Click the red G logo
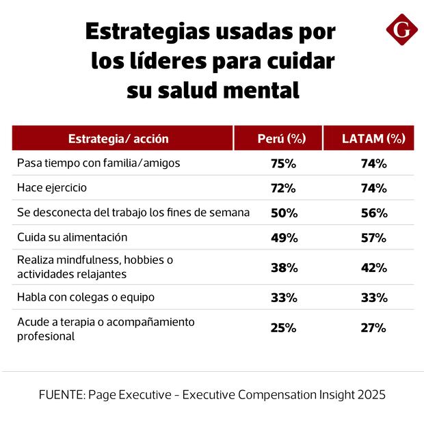click(x=401, y=31)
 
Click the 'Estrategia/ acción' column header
click(x=118, y=139)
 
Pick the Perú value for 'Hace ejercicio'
click(x=282, y=188)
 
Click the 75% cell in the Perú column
click(x=282, y=164)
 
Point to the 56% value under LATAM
click(x=374, y=213)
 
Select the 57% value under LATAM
click(x=374, y=237)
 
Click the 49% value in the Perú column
click(x=282, y=237)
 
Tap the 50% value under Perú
click(x=282, y=213)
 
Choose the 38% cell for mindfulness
click(x=282, y=268)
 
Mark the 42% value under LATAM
click(x=374, y=268)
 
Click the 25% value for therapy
click(x=282, y=327)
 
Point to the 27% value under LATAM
click(x=374, y=327)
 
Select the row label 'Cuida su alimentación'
click(x=72, y=237)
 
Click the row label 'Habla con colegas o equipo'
click(x=85, y=297)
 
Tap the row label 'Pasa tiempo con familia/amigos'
click(x=97, y=164)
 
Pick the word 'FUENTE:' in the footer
click(x=63, y=395)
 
